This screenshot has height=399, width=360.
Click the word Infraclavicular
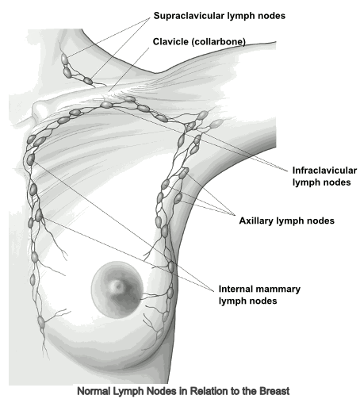pos(324,171)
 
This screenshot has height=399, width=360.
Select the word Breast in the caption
pos(274,391)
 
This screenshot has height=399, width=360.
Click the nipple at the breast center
pos(117,286)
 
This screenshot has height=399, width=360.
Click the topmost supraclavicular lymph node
pos(64,59)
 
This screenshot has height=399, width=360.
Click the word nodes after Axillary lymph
pos(320,221)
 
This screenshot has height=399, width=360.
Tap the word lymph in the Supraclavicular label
pos(239,16)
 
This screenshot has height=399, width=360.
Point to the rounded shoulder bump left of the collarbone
pos(39,109)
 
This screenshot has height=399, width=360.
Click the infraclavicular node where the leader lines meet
pos(106,105)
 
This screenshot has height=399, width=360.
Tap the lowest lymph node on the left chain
pos(40,321)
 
